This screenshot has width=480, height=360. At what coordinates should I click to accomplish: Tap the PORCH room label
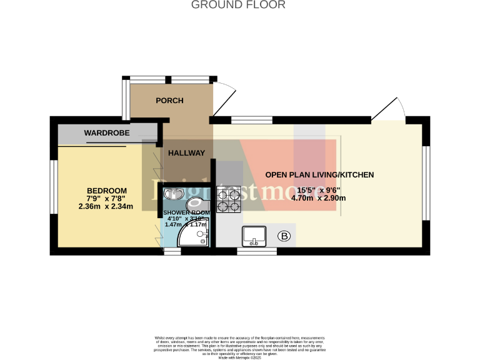coord(169,101)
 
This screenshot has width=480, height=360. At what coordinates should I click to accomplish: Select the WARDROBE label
coord(106,133)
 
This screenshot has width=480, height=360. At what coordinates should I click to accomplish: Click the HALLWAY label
coord(186,153)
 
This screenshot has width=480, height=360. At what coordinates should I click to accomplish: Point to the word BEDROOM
coord(107,191)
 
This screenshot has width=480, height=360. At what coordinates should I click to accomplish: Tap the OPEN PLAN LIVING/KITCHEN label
coord(319,175)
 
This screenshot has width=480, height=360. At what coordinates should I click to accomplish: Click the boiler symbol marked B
coord(284,236)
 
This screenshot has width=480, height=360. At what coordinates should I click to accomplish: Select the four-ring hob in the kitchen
coord(228,198)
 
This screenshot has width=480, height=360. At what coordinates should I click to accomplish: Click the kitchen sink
coord(253,235)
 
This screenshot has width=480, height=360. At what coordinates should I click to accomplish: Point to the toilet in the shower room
coord(199,202)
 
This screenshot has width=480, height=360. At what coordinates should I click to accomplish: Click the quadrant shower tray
coord(193,236)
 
